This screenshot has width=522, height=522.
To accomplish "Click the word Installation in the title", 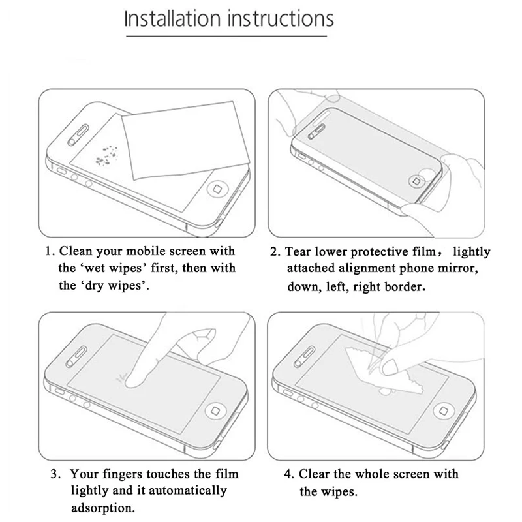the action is pos(172,19).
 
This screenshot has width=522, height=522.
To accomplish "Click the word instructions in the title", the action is pos(281,19).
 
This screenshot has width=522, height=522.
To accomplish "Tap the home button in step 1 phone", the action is pos(217,189).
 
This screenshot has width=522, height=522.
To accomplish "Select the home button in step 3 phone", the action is pos(215,410).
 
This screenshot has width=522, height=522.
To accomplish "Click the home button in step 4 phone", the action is pos(443,410).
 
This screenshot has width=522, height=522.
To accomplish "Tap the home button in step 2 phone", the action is pos(416,181).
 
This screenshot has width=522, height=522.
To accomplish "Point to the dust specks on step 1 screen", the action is pos(107,155).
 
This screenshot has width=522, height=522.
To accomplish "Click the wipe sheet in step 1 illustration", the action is pos(185,140).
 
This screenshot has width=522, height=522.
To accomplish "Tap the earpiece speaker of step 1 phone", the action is pos(78,135).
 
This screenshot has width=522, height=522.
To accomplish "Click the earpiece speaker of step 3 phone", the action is pos(77,356).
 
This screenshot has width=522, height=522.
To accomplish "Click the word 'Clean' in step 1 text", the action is pos(76,251).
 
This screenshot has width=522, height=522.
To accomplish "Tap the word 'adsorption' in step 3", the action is pos(103,508).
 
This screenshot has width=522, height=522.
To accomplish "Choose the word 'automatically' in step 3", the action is pos(187,491).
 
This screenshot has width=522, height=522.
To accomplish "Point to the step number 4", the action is pos(288,474).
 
